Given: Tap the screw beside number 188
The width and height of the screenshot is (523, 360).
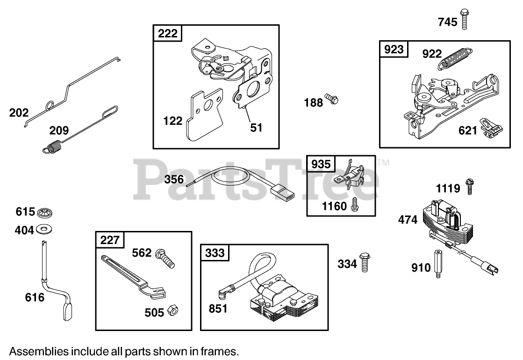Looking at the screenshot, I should click(332, 99).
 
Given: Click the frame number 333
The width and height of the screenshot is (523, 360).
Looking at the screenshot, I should click(215, 253).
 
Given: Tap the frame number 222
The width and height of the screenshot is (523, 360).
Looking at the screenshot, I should click(168, 33).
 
